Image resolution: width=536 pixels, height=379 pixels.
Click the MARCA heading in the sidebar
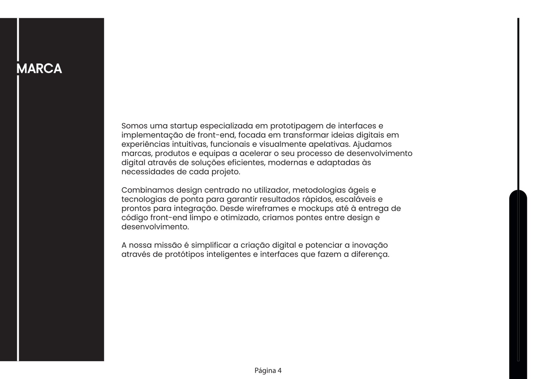[x=40, y=69]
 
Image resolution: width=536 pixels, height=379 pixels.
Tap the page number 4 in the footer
[x=279, y=371]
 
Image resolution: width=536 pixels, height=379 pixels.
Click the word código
[x=134, y=218]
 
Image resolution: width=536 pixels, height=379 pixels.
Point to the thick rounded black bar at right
[x=518, y=285]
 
